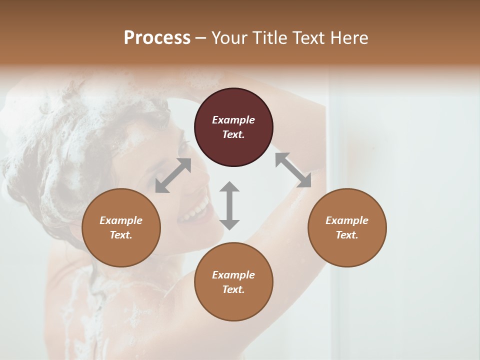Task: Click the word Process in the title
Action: [157, 38]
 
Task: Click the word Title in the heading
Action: [270, 38]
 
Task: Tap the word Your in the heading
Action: [230, 38]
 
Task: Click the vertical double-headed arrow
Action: [229, 205]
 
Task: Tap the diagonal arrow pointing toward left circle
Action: [173, 175]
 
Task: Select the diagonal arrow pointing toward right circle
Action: [293, 170]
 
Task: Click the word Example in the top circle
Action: [233, 120]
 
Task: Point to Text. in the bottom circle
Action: [233, 289]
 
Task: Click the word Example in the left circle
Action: [121, 220]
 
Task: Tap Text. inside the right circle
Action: [347, 235]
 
